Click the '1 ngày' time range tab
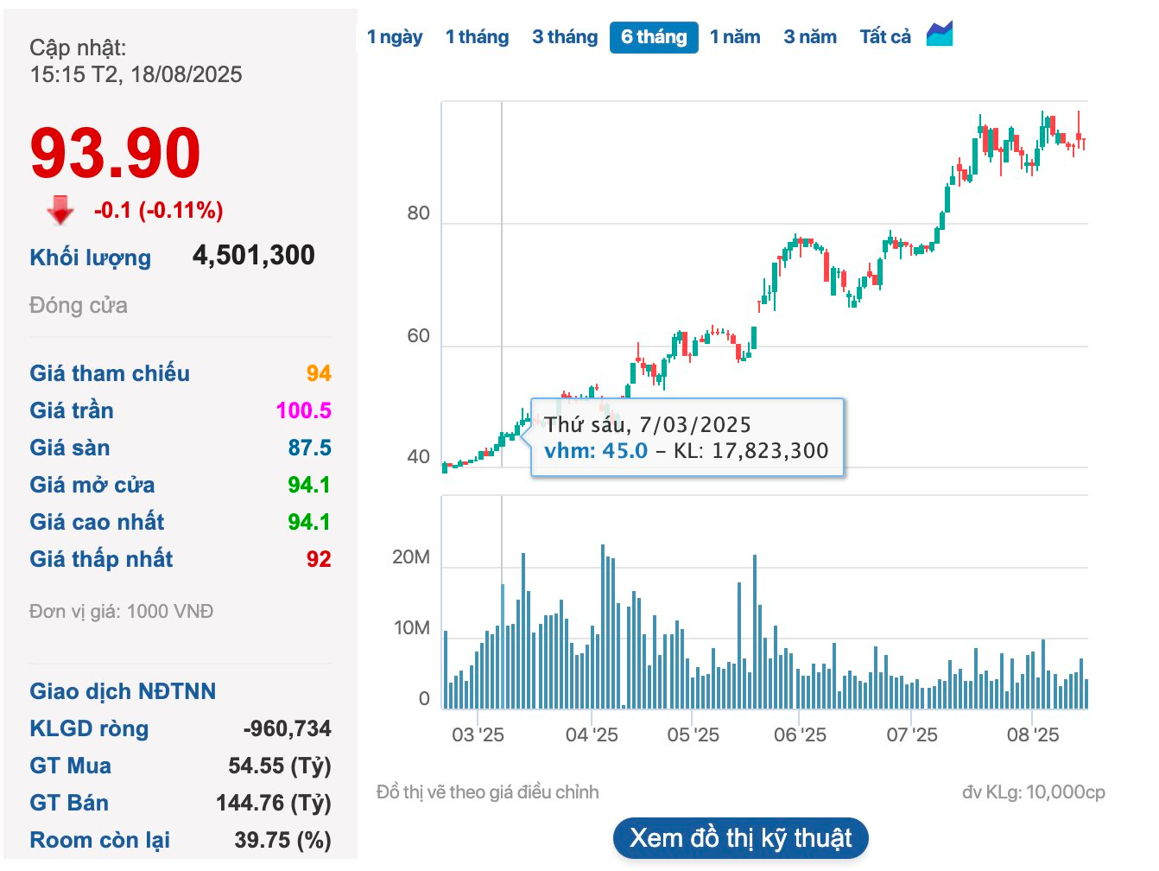pos(395,37)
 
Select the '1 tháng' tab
pos(477,37)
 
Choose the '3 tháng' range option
pos(565,37)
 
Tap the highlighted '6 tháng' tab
pos(654,37)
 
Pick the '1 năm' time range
pos(735,37)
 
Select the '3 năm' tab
pos(810,37)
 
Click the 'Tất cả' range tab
pos(885,37)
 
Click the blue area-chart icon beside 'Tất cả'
pos(940,35)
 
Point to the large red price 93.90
pos(115,153)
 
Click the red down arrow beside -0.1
pos(60,210)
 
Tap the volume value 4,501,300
pos(253,256)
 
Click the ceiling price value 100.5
pos(303,410)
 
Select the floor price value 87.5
pos(309,448)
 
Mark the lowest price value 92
pos(319,559)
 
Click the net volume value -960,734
pos(287,728)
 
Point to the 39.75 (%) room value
pos(282,840)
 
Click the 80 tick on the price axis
pos(418,213)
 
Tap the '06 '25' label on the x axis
pos(800,735)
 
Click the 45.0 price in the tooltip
pos(624,450)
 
